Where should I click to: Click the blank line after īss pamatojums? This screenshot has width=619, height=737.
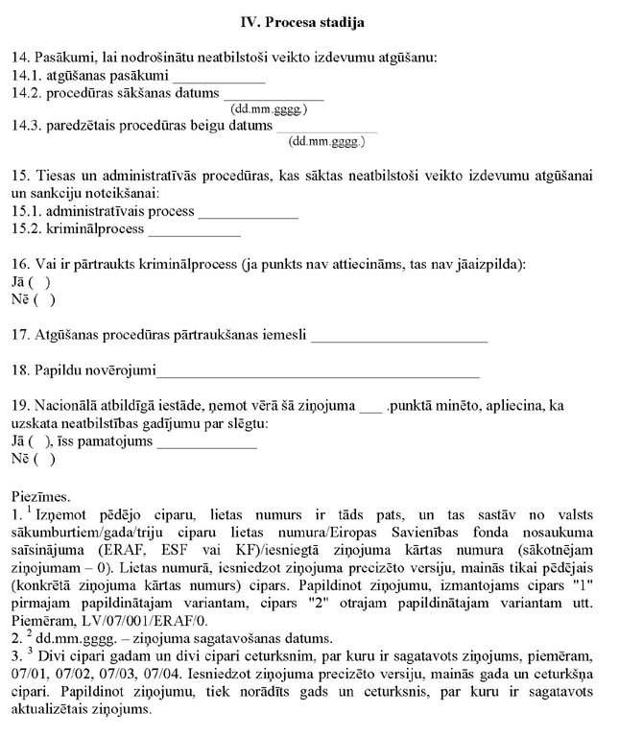[206, 444]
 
